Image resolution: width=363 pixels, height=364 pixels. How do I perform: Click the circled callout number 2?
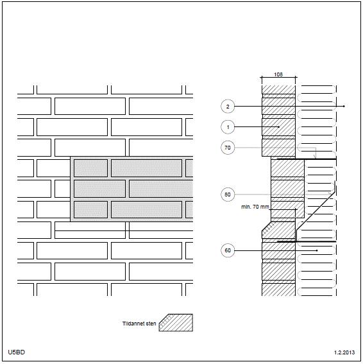(228, 107)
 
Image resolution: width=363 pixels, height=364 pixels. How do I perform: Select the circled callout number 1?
(228, 127)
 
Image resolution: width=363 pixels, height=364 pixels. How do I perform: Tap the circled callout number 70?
(228, 148)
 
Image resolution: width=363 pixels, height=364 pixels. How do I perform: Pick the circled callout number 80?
(228, 195)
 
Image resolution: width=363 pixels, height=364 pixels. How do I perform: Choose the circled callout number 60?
(228, 250)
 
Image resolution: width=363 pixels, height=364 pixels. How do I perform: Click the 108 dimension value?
(278, 74)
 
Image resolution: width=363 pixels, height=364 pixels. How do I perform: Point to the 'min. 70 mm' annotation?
(255, 207)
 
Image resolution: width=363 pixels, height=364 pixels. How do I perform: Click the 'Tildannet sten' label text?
(139, 324)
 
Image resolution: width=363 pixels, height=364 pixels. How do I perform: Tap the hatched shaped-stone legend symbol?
(176, 323)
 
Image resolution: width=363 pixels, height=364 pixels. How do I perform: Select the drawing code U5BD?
(16, 352)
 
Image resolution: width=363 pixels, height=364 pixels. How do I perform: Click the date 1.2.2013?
(344, 352)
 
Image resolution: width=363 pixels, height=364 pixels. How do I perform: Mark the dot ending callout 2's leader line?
(344, 107)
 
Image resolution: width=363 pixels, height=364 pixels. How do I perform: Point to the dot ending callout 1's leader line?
(278, 127)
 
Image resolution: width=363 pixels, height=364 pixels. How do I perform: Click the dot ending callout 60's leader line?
(317, 250)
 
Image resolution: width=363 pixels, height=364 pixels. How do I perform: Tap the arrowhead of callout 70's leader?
(315, 157)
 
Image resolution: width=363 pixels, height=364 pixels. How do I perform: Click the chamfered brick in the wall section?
(278, 230)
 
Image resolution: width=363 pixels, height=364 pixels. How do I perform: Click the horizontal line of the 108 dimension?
(278, 78)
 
